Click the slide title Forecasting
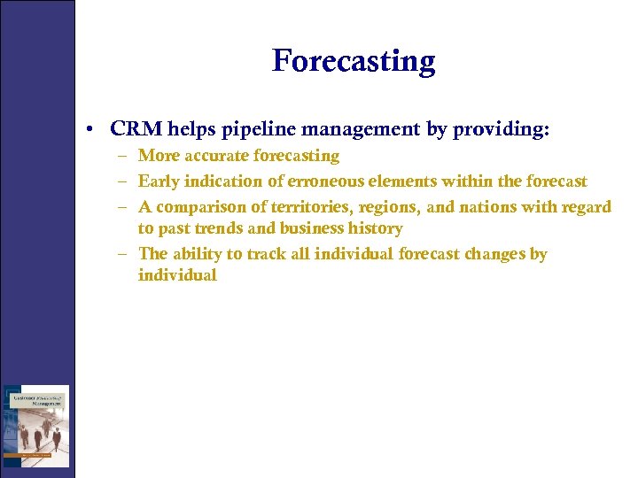click(354, 61)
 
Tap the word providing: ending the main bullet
click(501, 129)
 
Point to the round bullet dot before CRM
click(92, 130)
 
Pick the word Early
click(158, 181)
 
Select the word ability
click(197, 254)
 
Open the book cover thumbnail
click(35, 426)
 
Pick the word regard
click(586, 207)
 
